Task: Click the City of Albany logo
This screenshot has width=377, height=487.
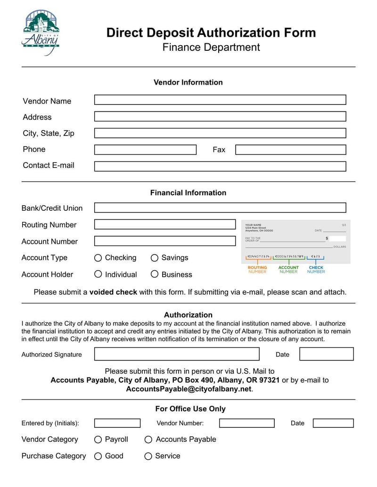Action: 41,32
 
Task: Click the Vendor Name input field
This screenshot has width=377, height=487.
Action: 220,100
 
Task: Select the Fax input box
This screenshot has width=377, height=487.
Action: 290,150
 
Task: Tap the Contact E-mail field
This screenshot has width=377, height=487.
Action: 220,166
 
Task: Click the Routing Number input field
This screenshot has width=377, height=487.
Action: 164,224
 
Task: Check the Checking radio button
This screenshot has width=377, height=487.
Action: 98,258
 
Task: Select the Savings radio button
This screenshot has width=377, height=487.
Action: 155,258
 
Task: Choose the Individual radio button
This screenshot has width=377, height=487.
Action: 98,274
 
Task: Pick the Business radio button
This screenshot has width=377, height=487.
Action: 155,274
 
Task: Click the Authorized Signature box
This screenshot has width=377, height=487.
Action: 176,354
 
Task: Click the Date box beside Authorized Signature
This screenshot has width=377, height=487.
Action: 326,354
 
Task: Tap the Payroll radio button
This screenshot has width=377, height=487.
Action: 98,439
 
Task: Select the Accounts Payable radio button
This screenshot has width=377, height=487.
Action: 148,439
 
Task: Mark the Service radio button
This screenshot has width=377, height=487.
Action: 148,456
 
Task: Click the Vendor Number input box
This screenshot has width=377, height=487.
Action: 246,423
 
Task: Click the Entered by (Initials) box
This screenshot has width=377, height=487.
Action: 117,423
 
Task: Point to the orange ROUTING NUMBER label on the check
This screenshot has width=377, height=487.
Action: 257,270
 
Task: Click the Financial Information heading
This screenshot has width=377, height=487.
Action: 188,192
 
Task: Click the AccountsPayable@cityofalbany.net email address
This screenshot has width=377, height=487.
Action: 189,389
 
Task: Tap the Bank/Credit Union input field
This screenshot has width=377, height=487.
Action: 220,208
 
